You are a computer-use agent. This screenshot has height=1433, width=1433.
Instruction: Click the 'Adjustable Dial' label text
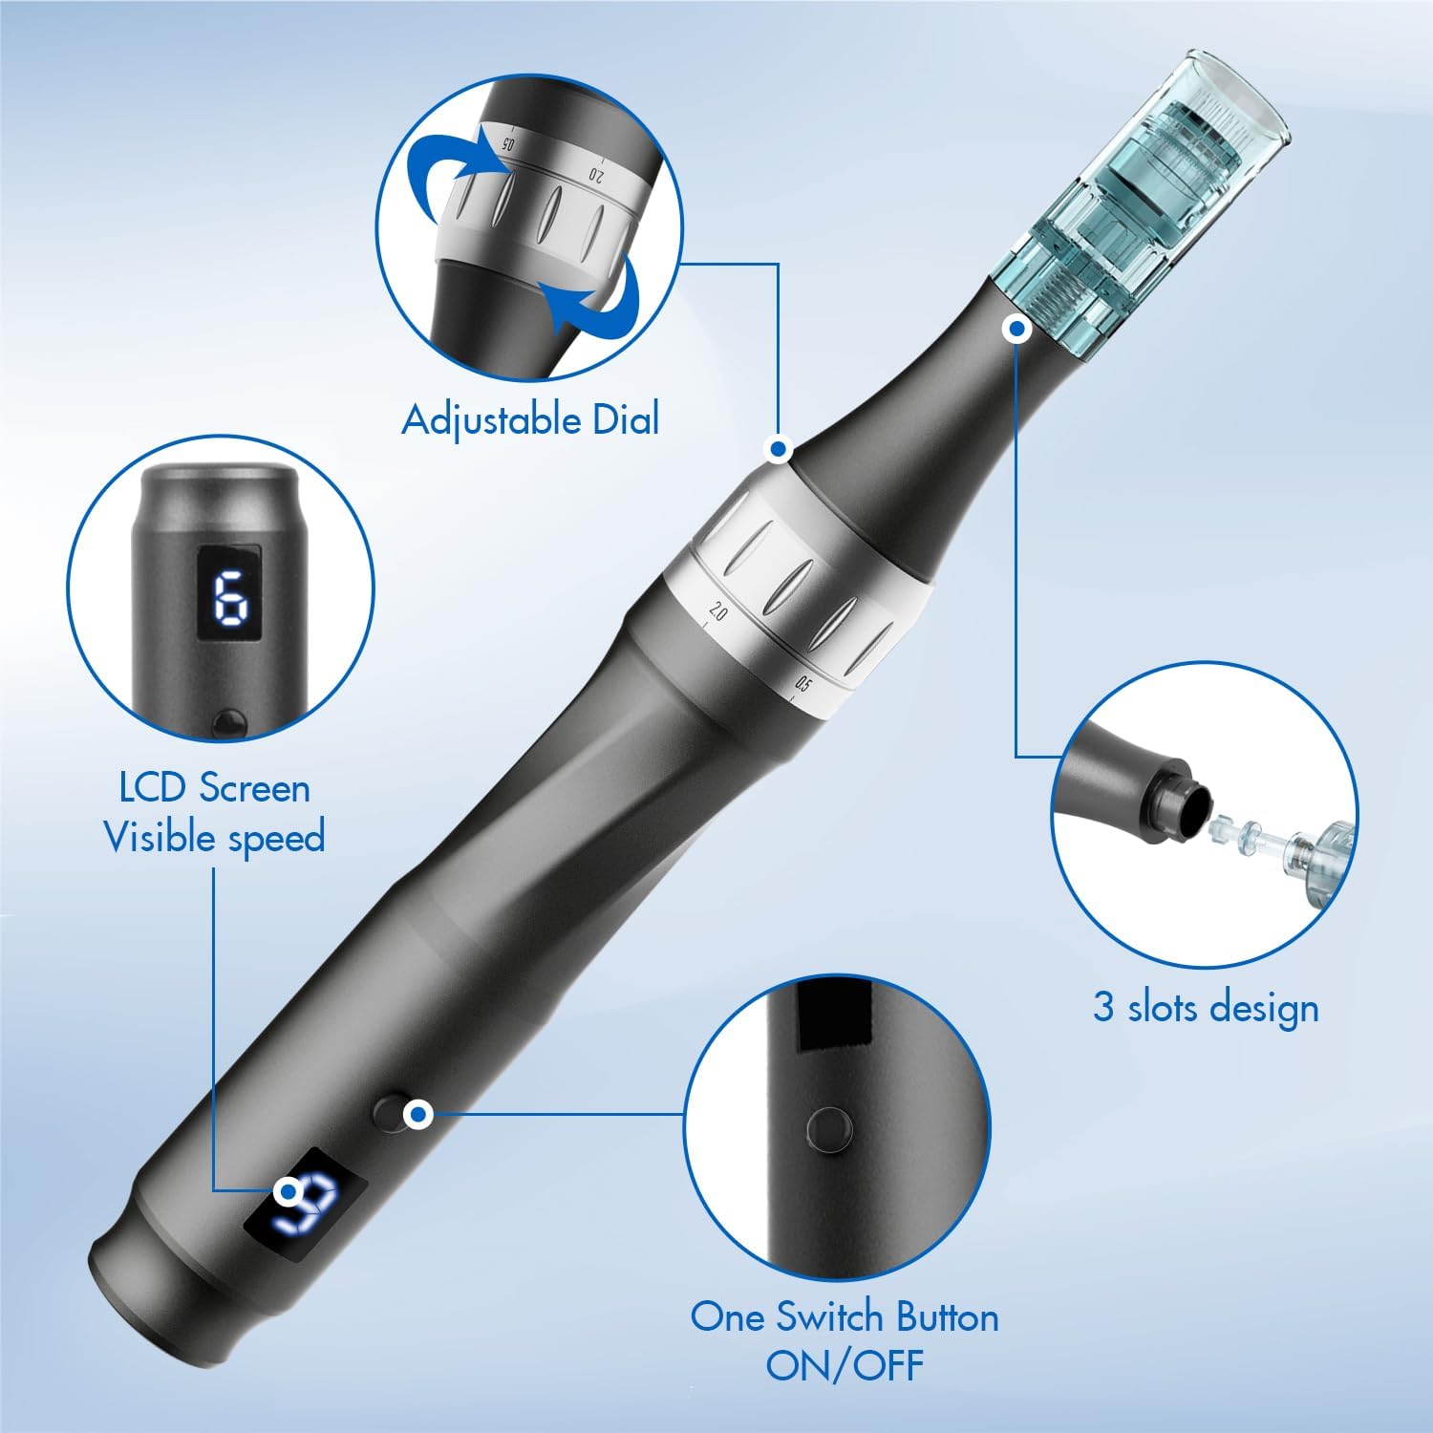(x=530, y=420)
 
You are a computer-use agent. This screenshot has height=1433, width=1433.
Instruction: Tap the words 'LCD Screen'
(x=215, y=788)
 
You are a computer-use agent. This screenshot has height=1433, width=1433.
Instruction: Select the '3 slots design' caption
(x=1206, y=1008)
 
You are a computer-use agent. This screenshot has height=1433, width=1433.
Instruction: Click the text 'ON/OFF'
(x=845, y=1364)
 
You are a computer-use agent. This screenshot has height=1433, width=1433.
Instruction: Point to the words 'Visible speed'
(x=215, y=838)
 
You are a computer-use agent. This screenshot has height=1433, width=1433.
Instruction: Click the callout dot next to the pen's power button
(x=417, y=1114)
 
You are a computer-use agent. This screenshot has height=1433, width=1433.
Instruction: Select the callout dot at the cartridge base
(x=1016, y=330)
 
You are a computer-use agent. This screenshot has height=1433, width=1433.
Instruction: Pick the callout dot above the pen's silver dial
(x=779, y=448)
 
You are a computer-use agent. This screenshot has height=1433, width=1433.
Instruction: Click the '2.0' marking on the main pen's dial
(x=717, y=612)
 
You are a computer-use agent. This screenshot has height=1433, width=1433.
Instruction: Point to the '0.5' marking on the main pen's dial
(x=802, y=684)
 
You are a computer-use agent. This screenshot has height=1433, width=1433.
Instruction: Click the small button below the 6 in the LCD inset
(x=228, y=721)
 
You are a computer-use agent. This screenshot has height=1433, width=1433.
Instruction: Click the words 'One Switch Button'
(x=845, y=1316)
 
